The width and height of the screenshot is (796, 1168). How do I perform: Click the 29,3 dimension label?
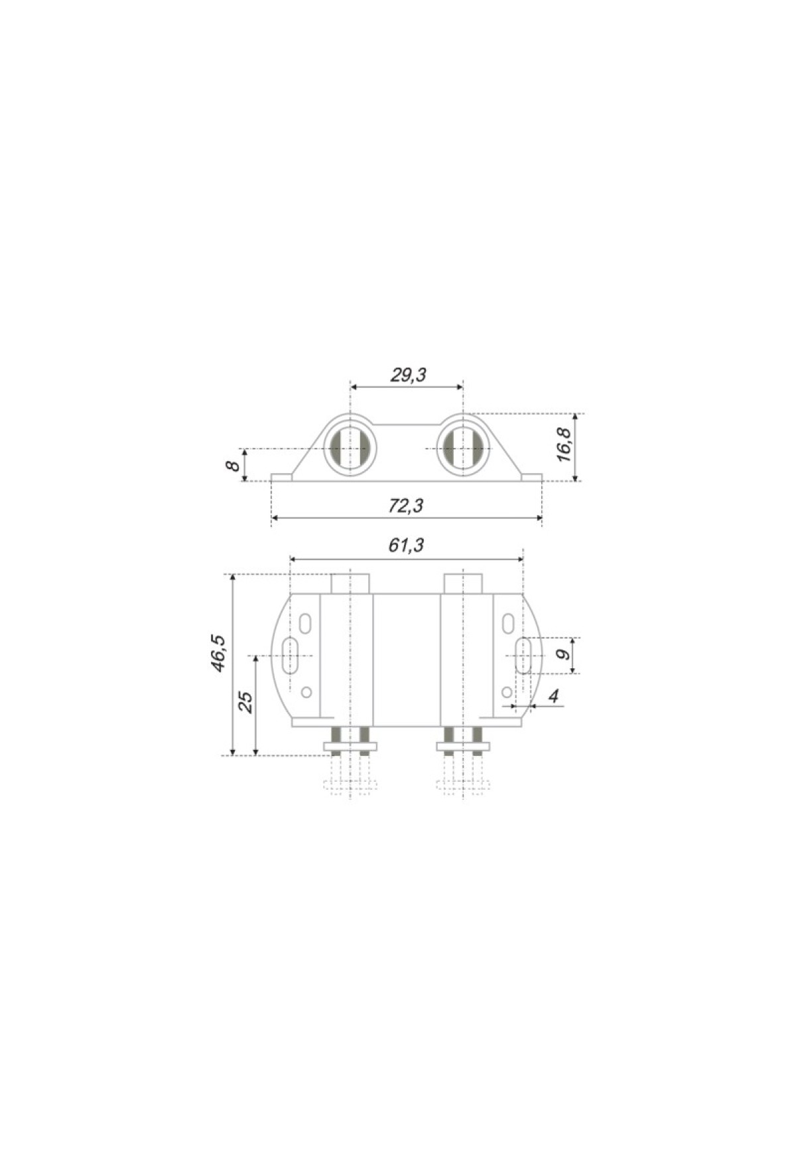click(408, 375)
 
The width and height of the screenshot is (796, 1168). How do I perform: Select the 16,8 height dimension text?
click(564, 445)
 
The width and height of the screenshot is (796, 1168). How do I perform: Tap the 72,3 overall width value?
click(405, 506)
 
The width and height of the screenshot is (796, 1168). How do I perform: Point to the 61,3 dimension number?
click(406, 545)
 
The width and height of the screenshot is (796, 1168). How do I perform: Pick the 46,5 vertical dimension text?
click(218, 654)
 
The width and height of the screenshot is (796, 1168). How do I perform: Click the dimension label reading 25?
click(245, 702)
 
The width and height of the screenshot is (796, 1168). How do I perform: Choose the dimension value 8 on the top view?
click(233, 465)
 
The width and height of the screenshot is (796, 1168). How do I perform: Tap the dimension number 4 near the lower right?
click(554, 696)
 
